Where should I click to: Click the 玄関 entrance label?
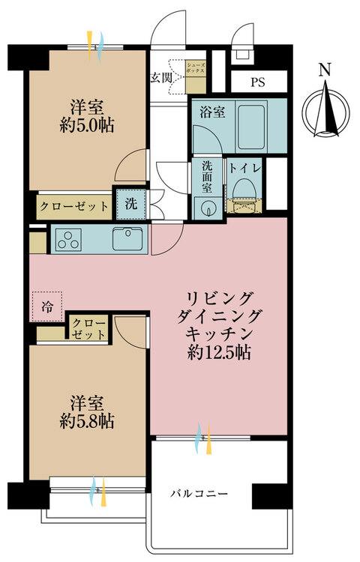coord(161,78)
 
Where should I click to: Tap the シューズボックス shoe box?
coord(196,77)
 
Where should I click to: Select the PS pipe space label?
coord(257,82)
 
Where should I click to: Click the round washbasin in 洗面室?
coord(207,208)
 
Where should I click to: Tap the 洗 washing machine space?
coord(131,204)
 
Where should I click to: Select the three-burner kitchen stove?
coord(68,240)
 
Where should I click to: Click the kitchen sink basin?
coord(129,239)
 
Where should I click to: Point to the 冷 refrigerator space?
coord(47,306)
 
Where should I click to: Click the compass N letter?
coord(325,70)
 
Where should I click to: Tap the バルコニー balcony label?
coord(198,494)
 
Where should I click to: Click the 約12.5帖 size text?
coord(218,353)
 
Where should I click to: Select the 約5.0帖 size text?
coord(87,125)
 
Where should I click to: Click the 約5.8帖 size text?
coord(87,421)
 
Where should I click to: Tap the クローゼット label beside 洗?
coord(74,206)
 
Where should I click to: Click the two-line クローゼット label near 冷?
coord(88,329)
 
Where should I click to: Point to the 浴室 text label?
coord(213,112)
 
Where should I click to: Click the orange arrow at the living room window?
coord(208,438)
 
